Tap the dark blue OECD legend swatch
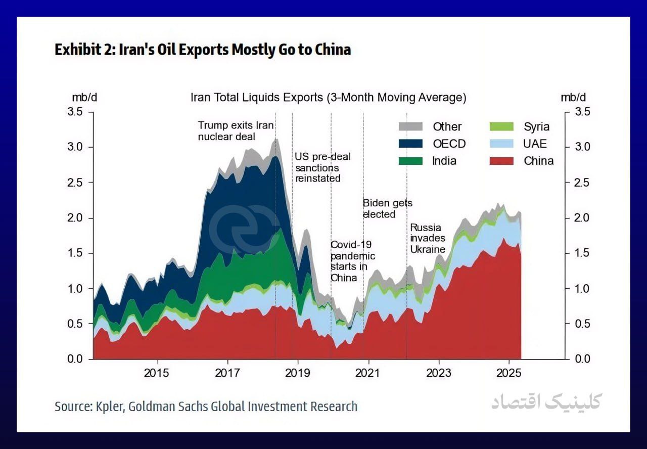410,144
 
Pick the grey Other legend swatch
410,126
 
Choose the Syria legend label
536,126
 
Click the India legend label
444,161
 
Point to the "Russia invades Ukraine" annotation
427,238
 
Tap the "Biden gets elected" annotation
387,208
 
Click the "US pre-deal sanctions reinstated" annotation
322,167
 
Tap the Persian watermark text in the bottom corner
546,402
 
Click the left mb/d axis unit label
84,97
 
